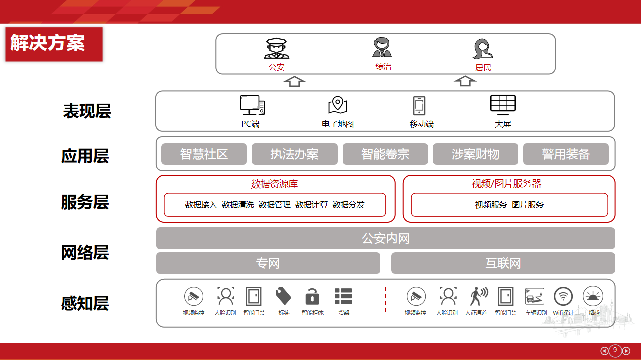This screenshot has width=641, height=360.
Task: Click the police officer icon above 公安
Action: point(277,49)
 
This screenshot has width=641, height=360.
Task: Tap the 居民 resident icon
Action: point(483,49)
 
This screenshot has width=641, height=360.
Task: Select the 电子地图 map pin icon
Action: point(338,105)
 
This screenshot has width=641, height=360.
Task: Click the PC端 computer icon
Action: point(252,105)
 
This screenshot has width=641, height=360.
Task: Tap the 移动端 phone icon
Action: point(419,106)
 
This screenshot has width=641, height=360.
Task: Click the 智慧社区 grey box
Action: point(204,154)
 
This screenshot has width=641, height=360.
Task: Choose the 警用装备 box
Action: point(566,154)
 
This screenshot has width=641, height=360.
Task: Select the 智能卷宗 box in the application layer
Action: point(385,154)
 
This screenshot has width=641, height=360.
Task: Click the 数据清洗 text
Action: point(238,205)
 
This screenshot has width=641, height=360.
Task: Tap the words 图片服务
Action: point(528,205)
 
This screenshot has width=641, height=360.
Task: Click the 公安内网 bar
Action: point(386,238)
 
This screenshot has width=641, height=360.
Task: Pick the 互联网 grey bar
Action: point(503,263)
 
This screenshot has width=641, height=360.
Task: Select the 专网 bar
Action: point(268,263)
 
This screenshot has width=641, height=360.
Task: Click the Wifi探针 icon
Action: point(563,297)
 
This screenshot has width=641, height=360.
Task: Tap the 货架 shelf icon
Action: point(343,296)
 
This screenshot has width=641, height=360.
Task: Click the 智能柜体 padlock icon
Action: point(312,297)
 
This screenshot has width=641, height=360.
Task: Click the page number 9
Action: point(615,350)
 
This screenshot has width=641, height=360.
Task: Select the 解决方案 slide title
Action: point(48,43)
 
